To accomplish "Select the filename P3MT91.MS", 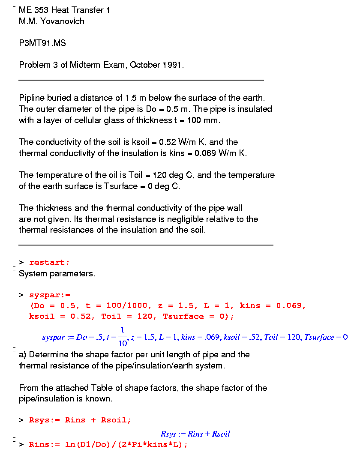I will [x=42, y=43].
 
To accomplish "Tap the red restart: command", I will [x=49, y=262].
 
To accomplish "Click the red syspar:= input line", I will [x=49, y=295].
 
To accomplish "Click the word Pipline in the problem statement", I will [x=31, y=98].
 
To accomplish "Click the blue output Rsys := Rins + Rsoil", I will [x=195, y=434].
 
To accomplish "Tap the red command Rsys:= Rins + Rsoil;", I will [x=80, y=420].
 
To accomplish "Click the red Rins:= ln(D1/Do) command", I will [x=108, y=444].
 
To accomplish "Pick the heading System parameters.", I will [x=57, y=273].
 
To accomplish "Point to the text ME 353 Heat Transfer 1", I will [x=64, y=10].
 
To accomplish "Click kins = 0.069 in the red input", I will [x=273, y=305].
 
